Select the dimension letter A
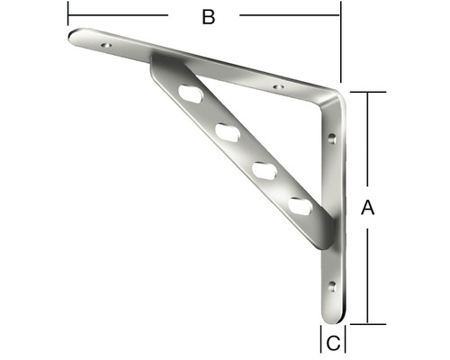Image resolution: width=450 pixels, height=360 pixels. pos(366,208)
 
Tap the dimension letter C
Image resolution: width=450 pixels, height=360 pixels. pos(332,342)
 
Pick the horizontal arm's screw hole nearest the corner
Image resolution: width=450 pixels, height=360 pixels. pos(277,87)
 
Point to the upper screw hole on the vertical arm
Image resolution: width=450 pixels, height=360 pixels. pos(332,139)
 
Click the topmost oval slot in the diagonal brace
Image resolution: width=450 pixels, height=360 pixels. pos(190,93)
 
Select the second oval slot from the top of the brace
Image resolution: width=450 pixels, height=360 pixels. pos(226,131)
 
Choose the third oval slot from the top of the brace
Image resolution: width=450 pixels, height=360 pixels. pos(263,169)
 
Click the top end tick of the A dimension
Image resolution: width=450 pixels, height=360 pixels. pos(367,92)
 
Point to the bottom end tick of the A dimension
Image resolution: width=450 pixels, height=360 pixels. pos(367,322)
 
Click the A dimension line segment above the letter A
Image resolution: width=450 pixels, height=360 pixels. pos(367,144)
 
